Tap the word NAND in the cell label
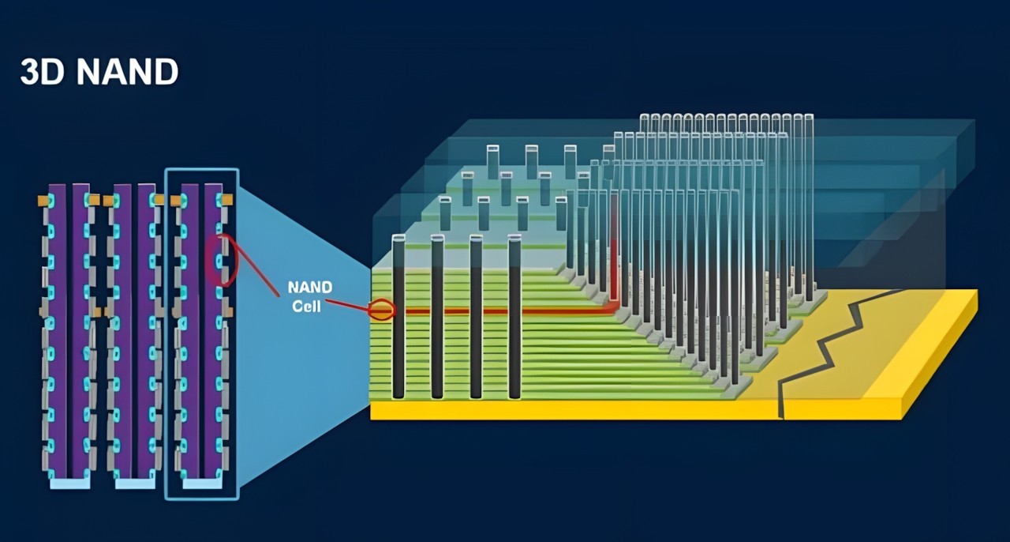[310, 288]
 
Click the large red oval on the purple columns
[222, 260]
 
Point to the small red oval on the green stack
[382, 311]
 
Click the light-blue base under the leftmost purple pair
[69, 483]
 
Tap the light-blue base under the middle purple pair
[135, 483]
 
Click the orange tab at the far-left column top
[43, 201]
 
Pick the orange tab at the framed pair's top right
[227, 201]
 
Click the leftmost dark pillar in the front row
[398, 316]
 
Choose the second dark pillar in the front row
[437, 316]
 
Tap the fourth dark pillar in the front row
[514, 316]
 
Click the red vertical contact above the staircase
[614, 261]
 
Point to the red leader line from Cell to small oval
[347, 304]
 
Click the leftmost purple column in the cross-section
[57, 332]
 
